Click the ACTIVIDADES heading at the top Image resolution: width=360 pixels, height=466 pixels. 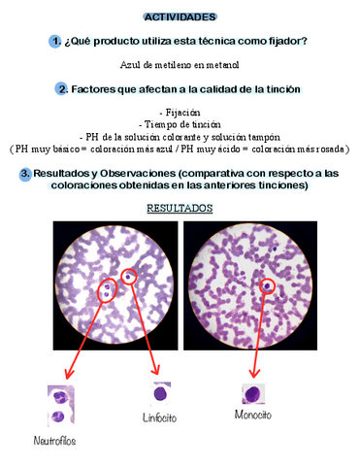pyautogui.click(x=180, y=17)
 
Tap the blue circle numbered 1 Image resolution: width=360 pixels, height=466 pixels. pyautogui.click(x=56, y=41)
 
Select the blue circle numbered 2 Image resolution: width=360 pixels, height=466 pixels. pyautogui.click(x=63, y=88)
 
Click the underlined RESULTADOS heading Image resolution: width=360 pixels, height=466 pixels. pyautogui.click(x=180, y=208)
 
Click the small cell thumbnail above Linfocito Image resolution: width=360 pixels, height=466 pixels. pyautogui.click(x=161, y=392)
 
